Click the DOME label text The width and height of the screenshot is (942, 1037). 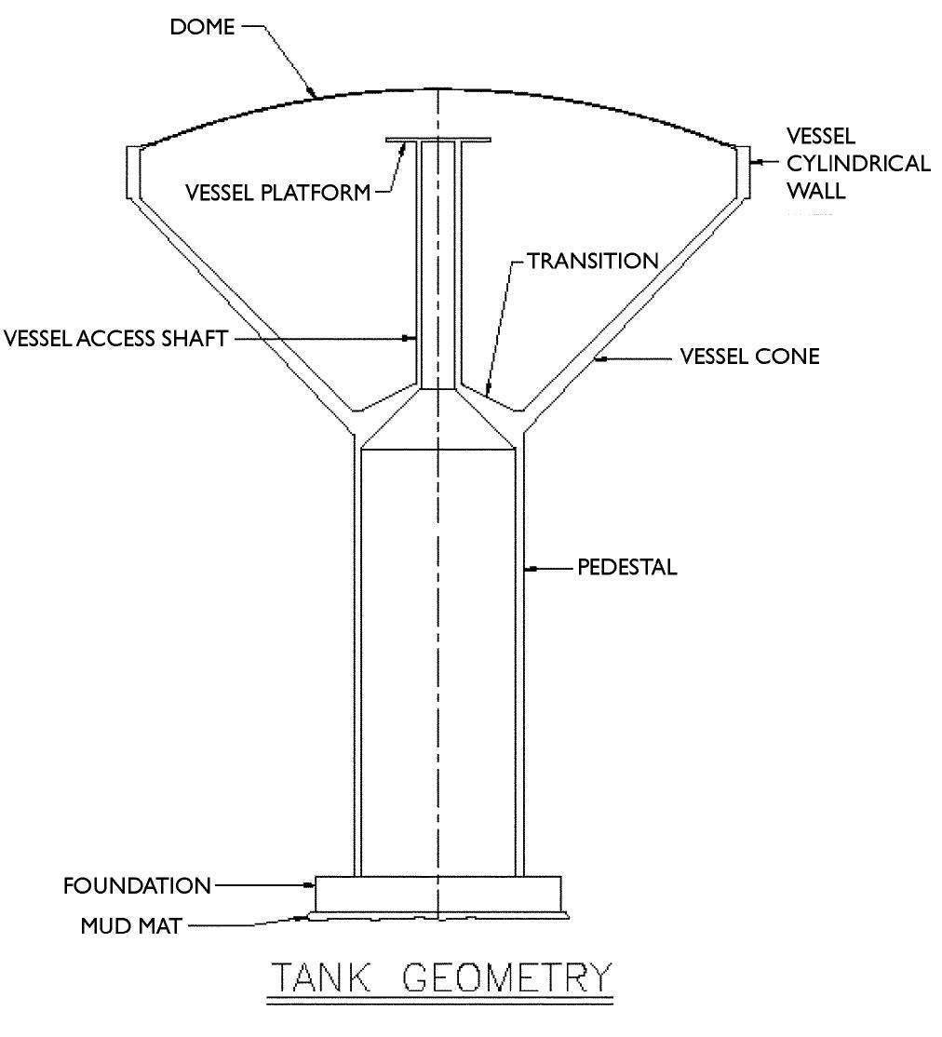pos(201,27)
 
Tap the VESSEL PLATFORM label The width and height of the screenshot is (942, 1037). pos(277,192)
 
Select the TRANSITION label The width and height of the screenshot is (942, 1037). pos(593,261)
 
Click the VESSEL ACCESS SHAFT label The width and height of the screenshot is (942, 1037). pos(116,339)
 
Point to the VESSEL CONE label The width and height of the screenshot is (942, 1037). pos(748,356)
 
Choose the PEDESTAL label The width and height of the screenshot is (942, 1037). pos(626,567)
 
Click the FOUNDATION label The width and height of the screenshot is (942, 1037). pos(137,885)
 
